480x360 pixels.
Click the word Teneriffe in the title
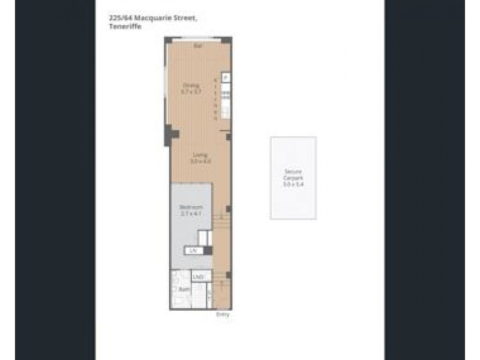(122, 26)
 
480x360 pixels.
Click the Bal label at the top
(197, 46)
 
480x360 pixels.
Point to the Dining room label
(191, 85)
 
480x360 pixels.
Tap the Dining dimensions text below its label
(191, 92)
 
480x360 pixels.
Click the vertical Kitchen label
(216, 98)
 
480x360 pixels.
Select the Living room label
(193, 155)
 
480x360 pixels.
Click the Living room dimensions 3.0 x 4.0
(193, 161)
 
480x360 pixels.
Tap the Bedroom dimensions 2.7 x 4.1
(190, 213)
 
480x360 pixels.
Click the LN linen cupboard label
(193, 251)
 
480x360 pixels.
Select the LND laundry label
(199, 277)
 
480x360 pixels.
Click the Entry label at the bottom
(222, 314)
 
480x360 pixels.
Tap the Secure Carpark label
(293, 175)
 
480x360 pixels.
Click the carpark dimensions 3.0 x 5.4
(293, 185)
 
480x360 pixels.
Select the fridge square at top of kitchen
(226, 77)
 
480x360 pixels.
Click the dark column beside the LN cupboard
(208, 251)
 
